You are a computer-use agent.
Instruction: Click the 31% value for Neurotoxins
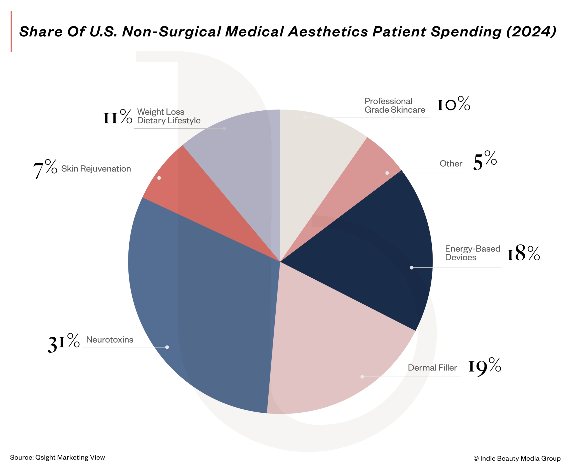point(64,342)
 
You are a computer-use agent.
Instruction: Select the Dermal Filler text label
point(432,368)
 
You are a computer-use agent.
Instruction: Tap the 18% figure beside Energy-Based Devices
point(523,253)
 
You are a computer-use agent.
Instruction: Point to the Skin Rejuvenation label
point(96,169)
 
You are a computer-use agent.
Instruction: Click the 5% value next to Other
point(485,161)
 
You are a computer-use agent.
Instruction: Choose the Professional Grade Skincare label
point(394,105)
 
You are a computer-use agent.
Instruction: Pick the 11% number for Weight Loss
point(118,117)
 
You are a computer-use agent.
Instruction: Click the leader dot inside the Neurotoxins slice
point(167,347)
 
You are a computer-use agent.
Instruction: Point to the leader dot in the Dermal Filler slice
point(362,377)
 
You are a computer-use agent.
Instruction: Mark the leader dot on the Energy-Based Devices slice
point(412,268)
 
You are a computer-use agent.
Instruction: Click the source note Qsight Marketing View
point(57,457)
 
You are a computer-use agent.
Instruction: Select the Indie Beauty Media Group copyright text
point(517,458)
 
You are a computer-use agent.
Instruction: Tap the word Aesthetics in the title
point(328,31)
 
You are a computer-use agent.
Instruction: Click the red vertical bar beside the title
point(11,31)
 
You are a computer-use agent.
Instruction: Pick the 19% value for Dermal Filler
point(485,366)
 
